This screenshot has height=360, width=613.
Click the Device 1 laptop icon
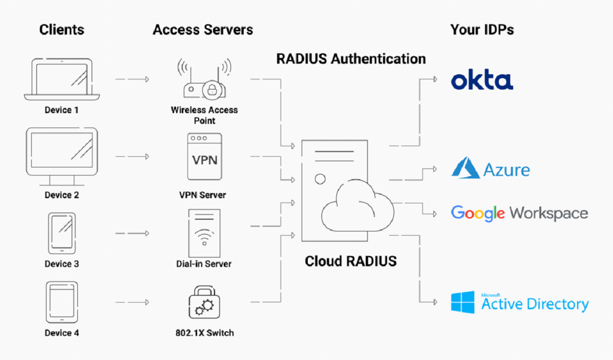[61, 79]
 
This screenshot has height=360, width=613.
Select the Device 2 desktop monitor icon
[61, 156]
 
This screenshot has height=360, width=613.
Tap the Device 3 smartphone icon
[61, 233]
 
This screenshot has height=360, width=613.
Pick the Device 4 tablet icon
[61, 302]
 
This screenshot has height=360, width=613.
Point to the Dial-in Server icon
[204, 233]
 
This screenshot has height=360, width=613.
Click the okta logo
[482, 80]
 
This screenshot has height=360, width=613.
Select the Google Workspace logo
[519, 213]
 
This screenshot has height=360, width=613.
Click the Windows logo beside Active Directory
[462, 303]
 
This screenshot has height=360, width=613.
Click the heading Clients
[61, 30]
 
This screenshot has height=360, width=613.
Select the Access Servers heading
[203, 30]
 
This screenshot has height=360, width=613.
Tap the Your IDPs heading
[482, 30]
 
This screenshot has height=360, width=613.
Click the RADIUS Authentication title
[351, 58]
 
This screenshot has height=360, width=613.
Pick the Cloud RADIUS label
[351, 261]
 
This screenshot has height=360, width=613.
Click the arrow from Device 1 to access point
[132, 79]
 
